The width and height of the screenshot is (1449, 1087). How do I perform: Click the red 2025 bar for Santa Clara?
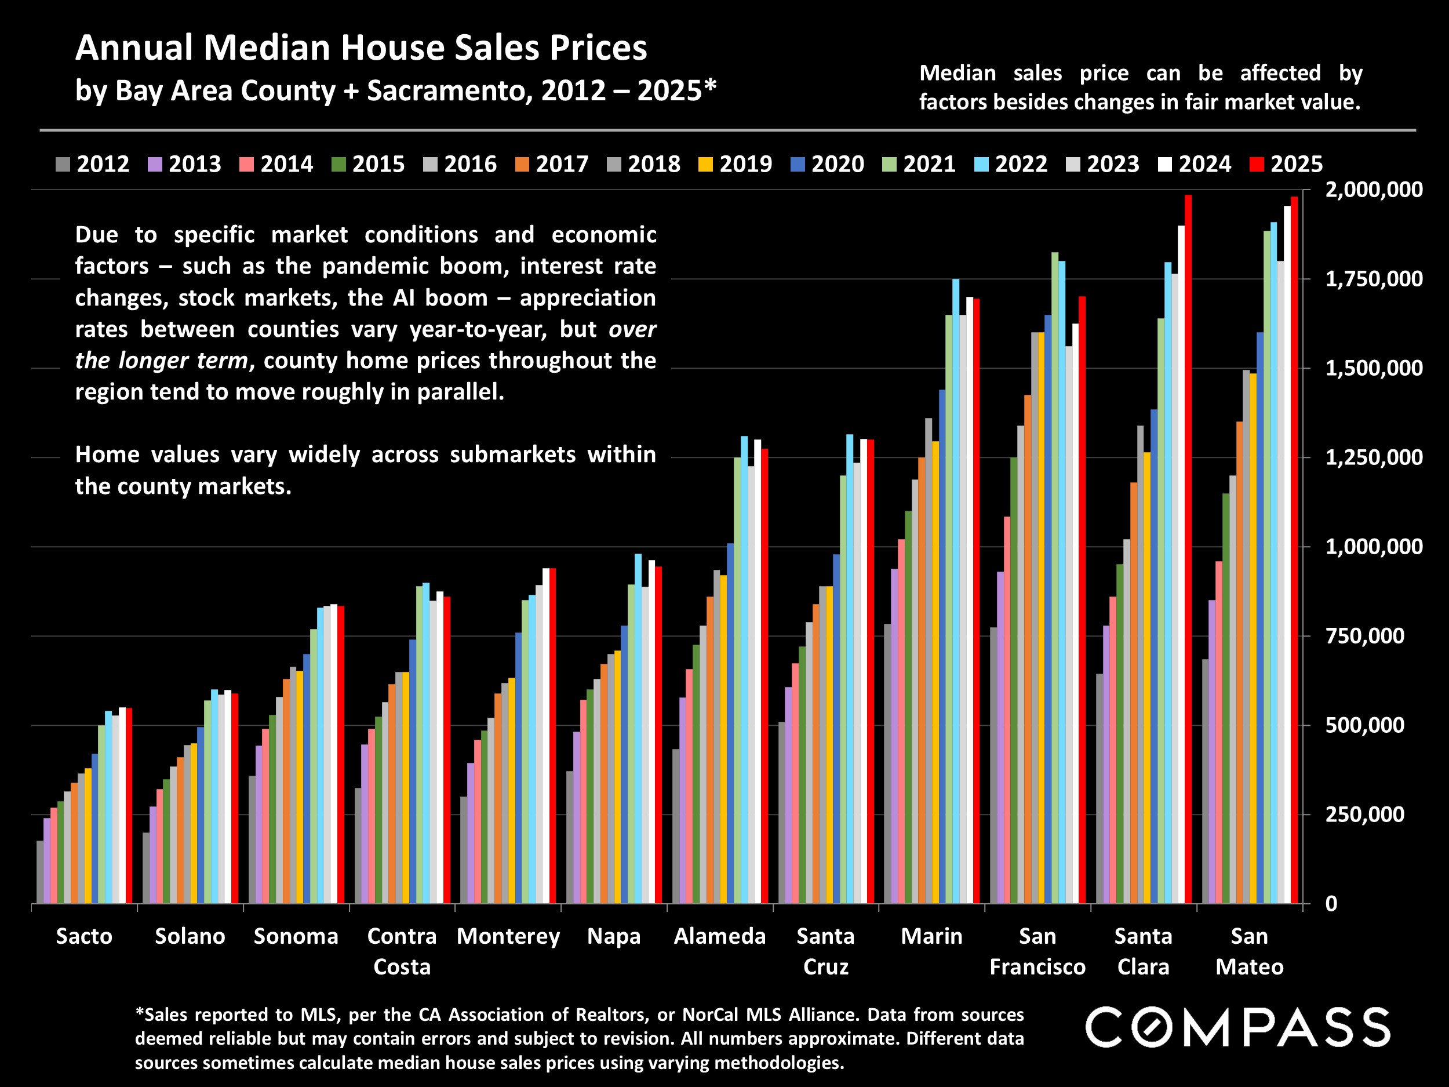[1188, 550]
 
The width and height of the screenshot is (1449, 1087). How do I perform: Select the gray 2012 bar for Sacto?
[40, 871]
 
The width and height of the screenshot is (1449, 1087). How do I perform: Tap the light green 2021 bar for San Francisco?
[1055, 577]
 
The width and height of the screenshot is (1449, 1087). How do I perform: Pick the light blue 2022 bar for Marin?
[956, 590]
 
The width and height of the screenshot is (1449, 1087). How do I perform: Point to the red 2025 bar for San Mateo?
[1294, 550]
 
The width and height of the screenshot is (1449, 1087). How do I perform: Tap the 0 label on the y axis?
[1331, 904]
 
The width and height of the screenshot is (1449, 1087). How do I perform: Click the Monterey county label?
[508, 936]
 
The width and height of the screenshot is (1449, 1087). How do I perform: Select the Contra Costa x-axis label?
[402, 951]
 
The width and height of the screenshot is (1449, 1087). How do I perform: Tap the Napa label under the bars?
[614, 936]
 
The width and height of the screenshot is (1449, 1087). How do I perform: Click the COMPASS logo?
[1237, 1027]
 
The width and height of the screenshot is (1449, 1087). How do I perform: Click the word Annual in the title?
[134, 49]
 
